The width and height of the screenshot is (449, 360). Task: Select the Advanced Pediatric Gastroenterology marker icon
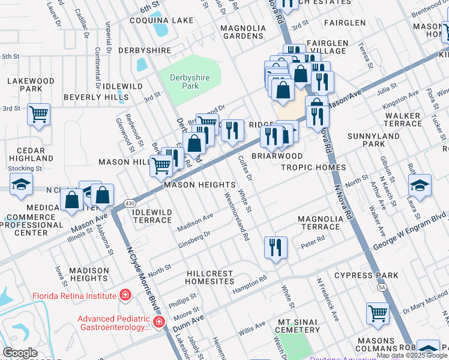[x=159, y=322]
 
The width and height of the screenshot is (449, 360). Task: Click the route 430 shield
[x=130, y=205]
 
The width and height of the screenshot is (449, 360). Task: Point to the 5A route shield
[x=382, y=287]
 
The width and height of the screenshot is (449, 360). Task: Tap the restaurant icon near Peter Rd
[x=276, y=247]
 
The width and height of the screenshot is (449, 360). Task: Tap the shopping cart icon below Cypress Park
[x=378, y=313]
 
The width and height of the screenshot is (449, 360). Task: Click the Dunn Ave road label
[x=188, y=325]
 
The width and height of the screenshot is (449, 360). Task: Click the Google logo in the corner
[x=20, y=353]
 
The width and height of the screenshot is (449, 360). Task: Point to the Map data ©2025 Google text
[x=411, y=355]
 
